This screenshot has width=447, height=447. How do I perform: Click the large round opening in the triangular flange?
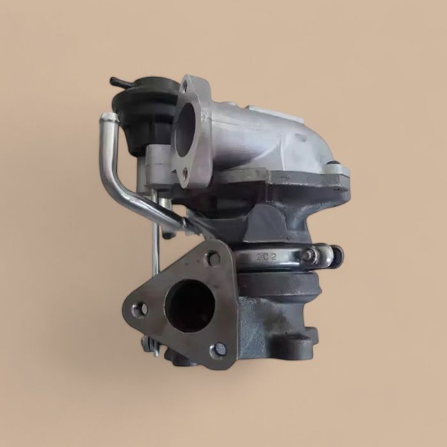[x=190, y=305]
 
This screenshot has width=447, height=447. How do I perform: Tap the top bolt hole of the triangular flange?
[x=213, y=259]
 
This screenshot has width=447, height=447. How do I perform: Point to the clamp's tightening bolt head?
[x=310, y=256]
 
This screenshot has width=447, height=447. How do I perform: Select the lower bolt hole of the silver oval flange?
[x=185, y=172]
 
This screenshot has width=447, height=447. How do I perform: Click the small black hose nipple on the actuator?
[x=119, y=82]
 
